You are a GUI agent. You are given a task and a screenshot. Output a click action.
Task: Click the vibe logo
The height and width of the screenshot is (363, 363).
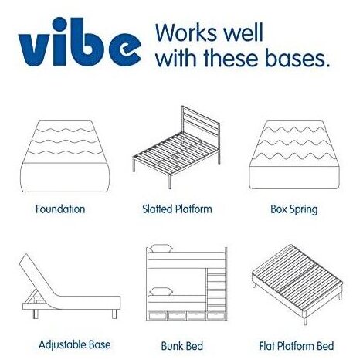coord(80,42)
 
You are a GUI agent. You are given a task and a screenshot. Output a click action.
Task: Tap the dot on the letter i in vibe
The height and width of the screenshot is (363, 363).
coord(60,25)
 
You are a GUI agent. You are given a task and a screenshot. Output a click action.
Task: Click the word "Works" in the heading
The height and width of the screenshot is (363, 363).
coord(187,32)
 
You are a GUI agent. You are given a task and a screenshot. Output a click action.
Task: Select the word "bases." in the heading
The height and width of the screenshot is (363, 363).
coord(297,58)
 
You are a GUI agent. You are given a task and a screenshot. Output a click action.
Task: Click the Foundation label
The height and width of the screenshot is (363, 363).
coord(60,209)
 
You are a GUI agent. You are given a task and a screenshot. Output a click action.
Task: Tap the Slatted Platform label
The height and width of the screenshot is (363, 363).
coord(177,209)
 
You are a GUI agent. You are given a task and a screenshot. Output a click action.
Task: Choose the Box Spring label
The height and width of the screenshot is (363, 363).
coord(293,209)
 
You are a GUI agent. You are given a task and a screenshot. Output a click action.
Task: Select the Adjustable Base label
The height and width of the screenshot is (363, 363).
coord(75,345)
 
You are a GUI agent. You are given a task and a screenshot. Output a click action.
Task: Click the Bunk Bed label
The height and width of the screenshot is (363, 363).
coord(181,346)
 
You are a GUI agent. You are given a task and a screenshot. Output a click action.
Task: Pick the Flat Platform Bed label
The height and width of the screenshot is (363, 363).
coord(297,346)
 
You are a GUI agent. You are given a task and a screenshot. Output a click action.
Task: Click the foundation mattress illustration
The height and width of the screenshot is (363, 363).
coord(65,156)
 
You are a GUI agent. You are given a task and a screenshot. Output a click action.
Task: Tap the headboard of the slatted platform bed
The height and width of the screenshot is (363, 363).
coord(201,125)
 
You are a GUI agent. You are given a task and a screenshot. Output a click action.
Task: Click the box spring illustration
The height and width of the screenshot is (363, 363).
coord(294,154)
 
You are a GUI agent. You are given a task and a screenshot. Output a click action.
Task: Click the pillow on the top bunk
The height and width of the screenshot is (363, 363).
coord(161,249)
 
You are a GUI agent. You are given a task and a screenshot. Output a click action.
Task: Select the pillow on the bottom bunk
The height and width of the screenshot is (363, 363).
coord(161,291)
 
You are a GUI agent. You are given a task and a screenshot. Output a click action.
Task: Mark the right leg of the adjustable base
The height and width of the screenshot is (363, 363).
coord(114,314)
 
